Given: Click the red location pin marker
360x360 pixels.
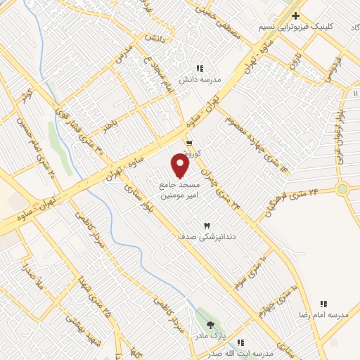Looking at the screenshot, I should click(x=181, y=166).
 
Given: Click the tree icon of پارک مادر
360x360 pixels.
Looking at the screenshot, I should click(x=211, y=324).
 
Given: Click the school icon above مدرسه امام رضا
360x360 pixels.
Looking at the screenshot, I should click(x=323, y=304).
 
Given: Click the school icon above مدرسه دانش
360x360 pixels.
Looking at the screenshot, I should click(x=200, y=68).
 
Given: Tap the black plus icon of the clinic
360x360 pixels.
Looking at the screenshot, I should click(x=296, y=15).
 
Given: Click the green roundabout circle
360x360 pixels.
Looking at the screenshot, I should click(x=342, y=188).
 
